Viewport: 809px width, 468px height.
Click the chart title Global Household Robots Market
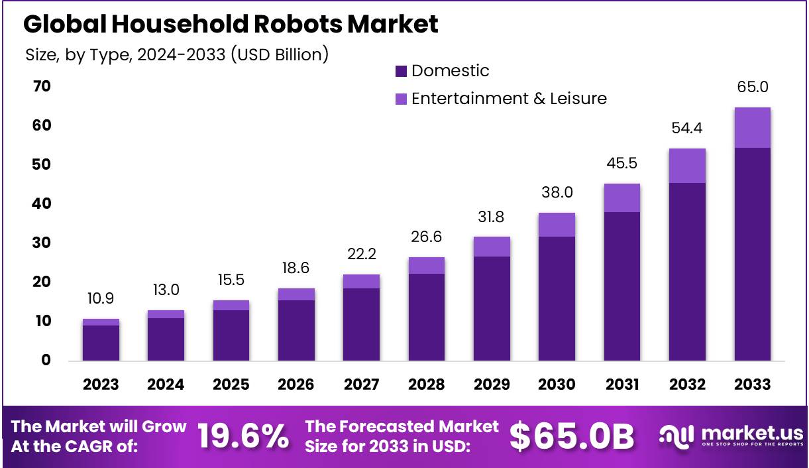[x=231, y=25]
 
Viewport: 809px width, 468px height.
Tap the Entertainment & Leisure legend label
[x=508, y=99]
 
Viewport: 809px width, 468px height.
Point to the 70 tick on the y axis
[x=38, y=86]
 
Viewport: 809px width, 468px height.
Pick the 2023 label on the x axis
[x=101, y=384]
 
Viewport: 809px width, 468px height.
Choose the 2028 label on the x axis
[x=427, y=384]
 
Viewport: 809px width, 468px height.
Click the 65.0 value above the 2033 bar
[x=752, y=88]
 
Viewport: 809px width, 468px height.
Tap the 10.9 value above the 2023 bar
[x=101, y=299]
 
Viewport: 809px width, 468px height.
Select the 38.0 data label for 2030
[x=557, y=193]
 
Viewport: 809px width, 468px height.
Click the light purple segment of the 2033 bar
[x=752, y=127]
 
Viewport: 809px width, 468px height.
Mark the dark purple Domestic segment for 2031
[x=621, y=286]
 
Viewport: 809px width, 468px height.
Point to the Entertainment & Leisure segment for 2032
[x=687, y=165]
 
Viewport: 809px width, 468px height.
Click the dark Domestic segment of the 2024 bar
[x=166, y=339]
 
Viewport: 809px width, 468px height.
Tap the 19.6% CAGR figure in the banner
[x=243, y=436]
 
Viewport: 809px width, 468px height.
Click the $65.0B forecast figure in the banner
[x=571, y=436]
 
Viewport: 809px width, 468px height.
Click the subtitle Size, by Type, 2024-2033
[x=176, y=54]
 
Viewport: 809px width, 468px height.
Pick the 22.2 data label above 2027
[x=361, y=255]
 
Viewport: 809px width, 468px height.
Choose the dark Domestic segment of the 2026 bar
[x=296, y=330]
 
